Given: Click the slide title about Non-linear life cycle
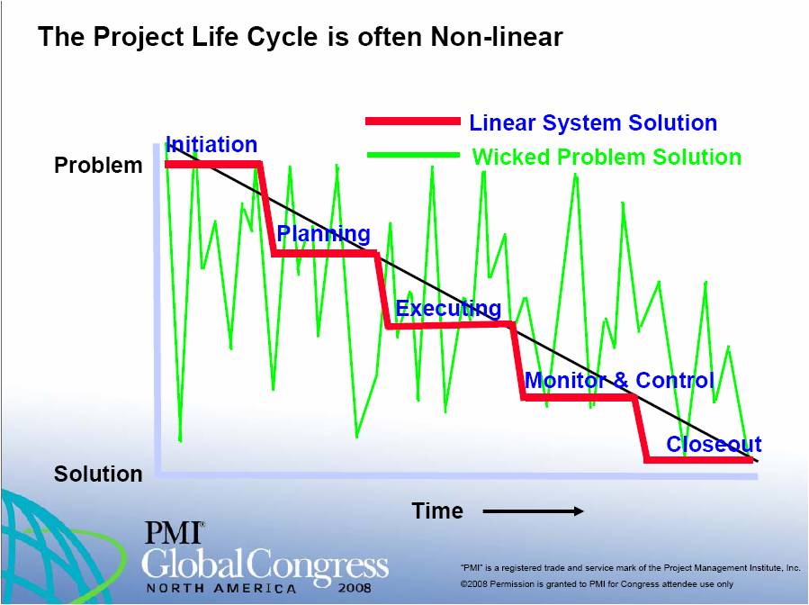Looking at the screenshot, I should (300, 37).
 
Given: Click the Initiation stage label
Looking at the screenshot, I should (211, 145).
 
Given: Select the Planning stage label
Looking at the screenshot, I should (323, 234).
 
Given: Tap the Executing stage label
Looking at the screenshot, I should (448, 309).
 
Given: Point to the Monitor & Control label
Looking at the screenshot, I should (619, 380).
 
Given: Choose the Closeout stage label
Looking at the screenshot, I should (714, 444).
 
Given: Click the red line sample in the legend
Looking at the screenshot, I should (412, 122).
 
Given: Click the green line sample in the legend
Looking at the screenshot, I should (412, 156).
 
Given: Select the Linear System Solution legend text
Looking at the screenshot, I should (593, 123).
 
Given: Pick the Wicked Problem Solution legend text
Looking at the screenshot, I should (607, 157).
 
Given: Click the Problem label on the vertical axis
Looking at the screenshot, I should (98, 166).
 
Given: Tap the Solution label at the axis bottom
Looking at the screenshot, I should (98, 474).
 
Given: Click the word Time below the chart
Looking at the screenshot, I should (437, 511).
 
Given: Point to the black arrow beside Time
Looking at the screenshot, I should (533, 511).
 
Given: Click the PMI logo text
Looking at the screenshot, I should (174, 534).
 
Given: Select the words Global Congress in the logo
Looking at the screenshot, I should (265, 564).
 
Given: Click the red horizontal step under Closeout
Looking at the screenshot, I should (698, 460).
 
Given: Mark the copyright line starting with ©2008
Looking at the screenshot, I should (597, 583).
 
